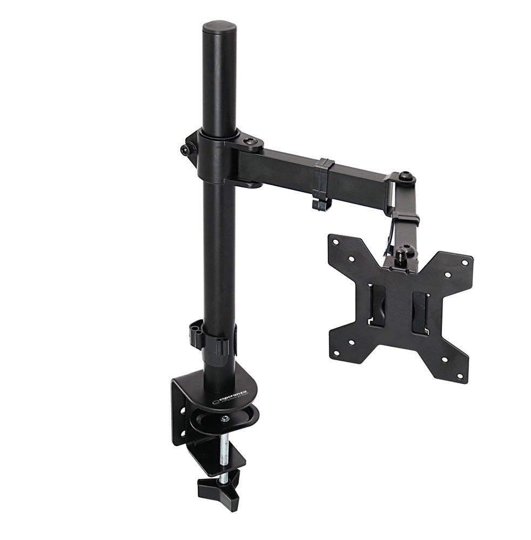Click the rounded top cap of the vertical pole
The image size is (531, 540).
(x=219, y=27)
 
